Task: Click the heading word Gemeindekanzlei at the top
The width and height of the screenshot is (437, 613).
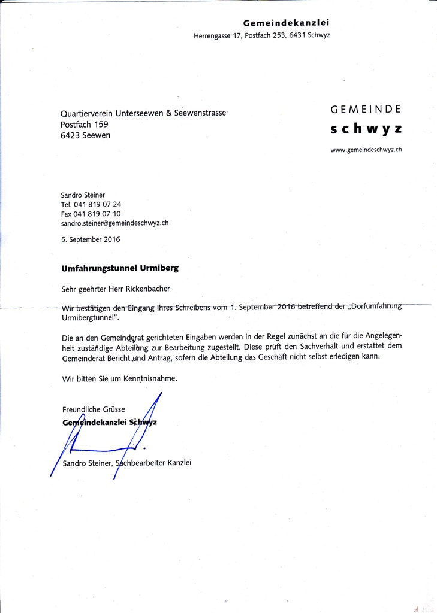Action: (x=287, y=23)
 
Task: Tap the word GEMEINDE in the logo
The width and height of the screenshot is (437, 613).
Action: (x=366, y=110)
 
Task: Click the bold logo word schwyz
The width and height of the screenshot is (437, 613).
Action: (x=366, y=129)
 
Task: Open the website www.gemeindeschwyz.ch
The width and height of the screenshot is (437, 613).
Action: (x=366, y=150)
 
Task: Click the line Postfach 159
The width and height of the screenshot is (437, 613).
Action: (x=84, y=124)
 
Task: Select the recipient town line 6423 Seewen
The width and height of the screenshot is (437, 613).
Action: (x=85, y=135)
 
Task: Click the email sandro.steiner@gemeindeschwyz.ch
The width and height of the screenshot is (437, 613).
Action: (x=114, y=223)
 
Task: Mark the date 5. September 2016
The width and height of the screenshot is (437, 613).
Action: (x=91, y=239)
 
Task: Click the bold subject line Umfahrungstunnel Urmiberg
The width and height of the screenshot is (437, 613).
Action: (x=120, y=268)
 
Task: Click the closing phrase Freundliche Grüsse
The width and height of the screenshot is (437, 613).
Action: (x=94, y=409)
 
